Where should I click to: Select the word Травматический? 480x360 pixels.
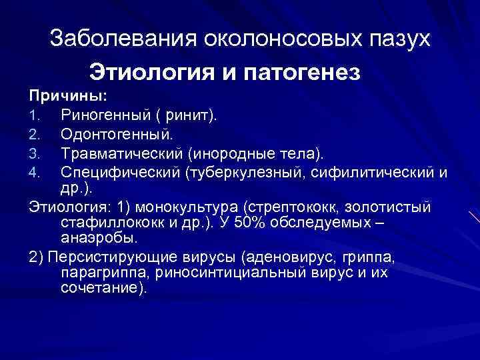tap(121, 155)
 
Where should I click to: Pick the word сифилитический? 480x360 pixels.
tap(376, 174)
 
